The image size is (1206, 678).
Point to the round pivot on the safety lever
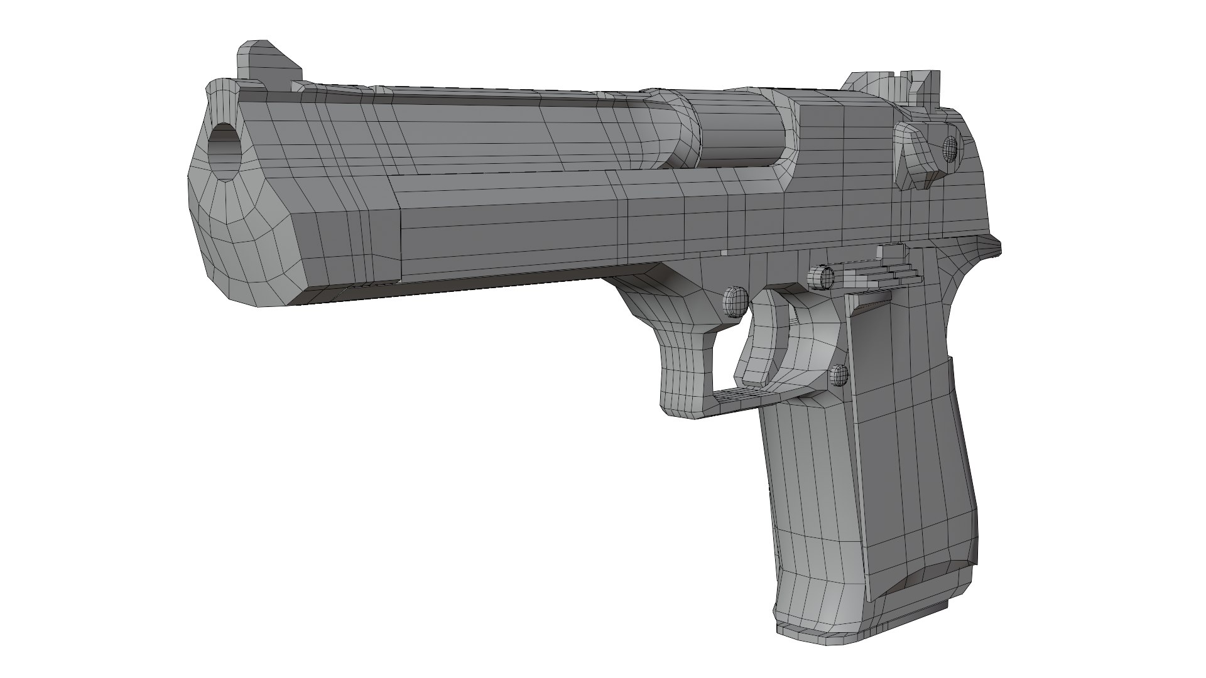pos(950,148)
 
